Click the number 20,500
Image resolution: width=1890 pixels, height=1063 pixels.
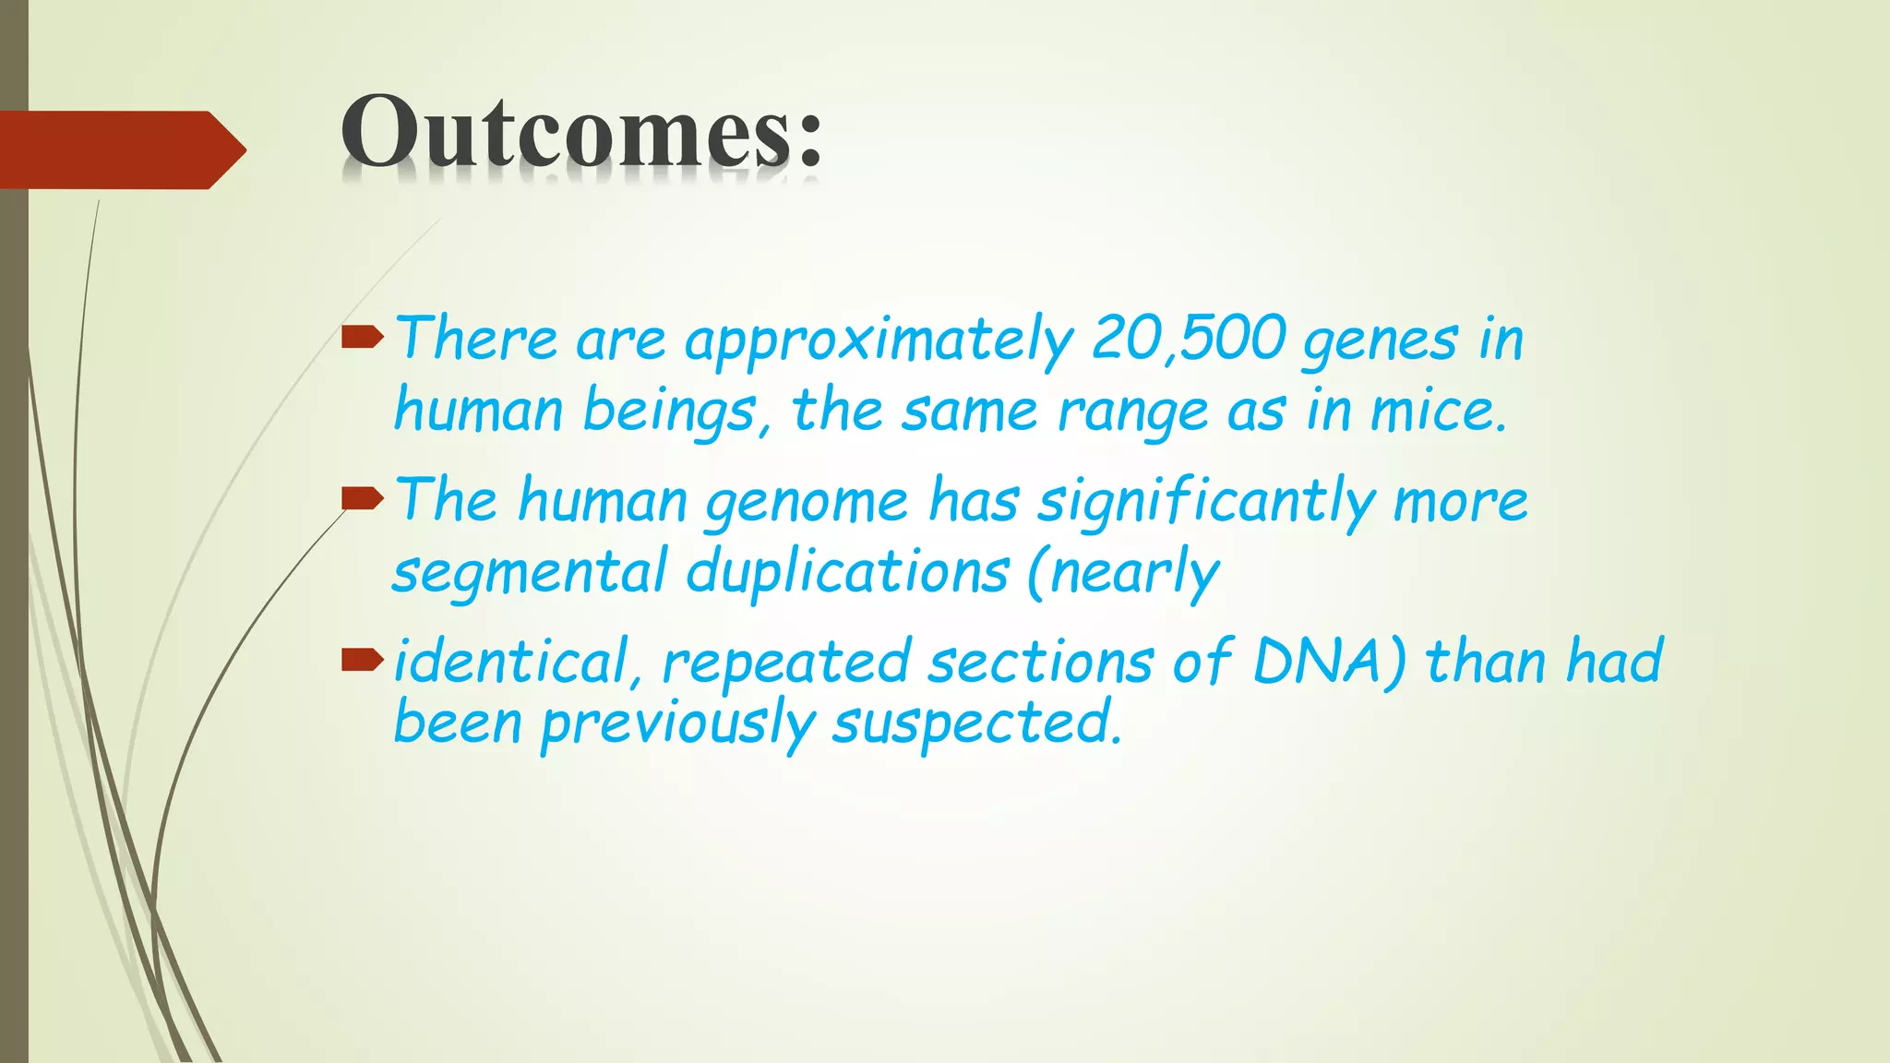[1189, 339]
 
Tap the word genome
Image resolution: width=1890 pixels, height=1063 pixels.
[807, 503]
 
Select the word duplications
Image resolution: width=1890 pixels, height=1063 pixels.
[847, 572]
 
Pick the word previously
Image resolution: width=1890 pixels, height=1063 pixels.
[677, 724]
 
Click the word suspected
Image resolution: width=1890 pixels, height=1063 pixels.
[976, 724]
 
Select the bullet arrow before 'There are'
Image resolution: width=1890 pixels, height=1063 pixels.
[362, 338]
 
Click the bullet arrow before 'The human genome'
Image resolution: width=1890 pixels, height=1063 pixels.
[362, 499]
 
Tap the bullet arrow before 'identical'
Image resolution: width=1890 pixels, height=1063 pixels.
[362, 660]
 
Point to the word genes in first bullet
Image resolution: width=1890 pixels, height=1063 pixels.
[1380, 341]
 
